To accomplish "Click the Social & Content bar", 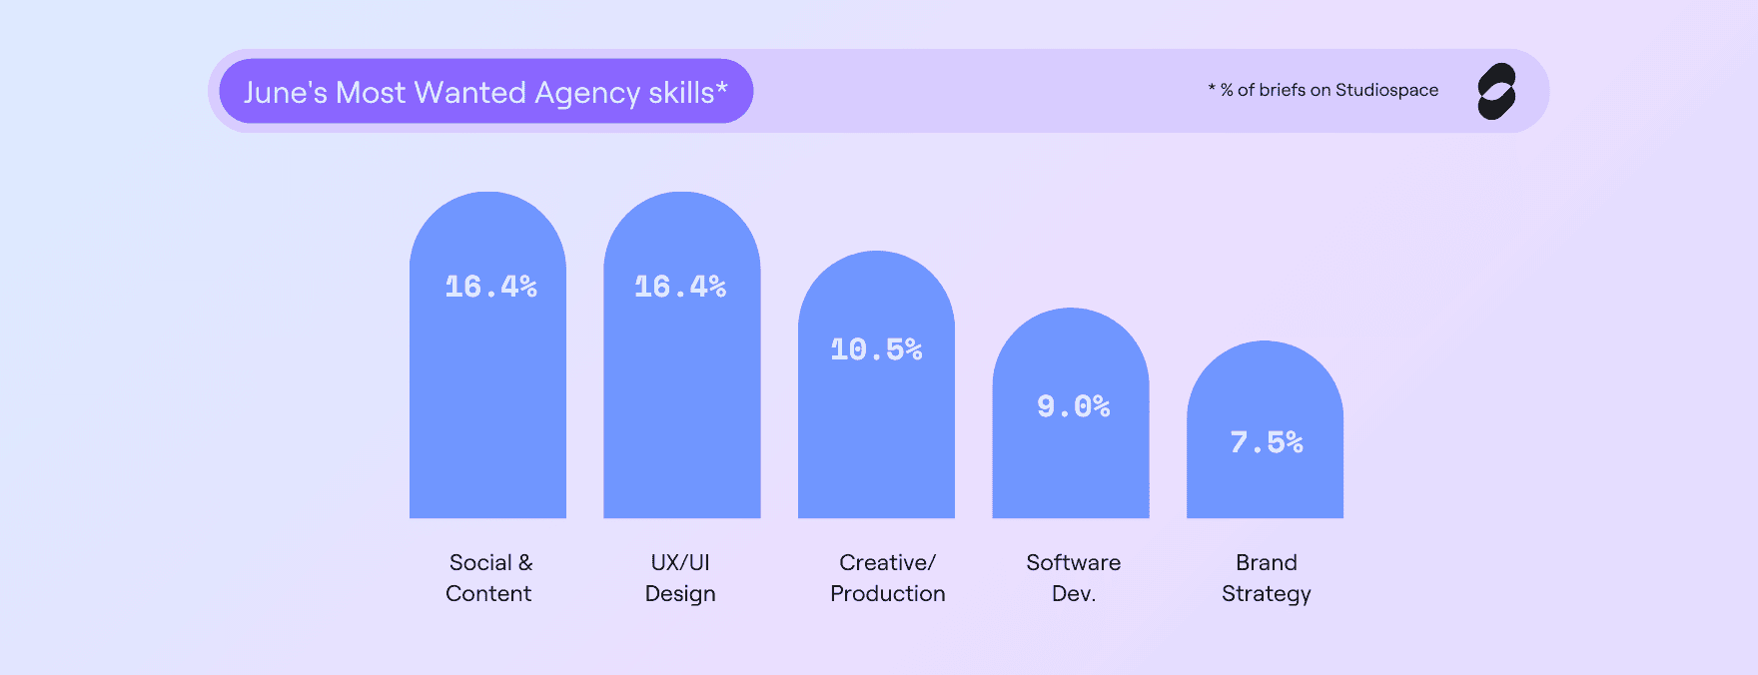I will [487, 399].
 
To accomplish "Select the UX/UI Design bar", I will [681, 399].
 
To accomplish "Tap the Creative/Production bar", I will [876, 429].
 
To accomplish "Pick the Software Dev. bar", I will [1070, 459].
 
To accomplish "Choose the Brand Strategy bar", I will [1265, 479].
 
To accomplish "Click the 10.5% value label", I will [876, 349].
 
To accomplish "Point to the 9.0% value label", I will [1073, 406].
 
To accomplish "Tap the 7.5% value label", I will [1266, 442].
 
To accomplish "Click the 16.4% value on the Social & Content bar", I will [490, 288].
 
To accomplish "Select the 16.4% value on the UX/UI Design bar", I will [680, 288].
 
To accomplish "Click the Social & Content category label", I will [489, 577].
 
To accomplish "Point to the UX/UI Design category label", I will [680, 577].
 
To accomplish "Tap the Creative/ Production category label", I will [887, 577].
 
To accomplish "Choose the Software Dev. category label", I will [1074, 577].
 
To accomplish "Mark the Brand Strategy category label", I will [1266, 577].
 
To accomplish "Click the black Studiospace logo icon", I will [1496, 91].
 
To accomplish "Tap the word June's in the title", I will [285, 92].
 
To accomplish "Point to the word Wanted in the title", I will [469, 92].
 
